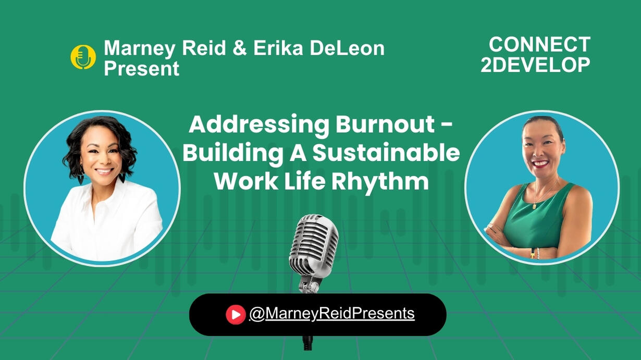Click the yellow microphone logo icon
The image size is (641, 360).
point(83,57)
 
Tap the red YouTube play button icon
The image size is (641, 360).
point(236,315)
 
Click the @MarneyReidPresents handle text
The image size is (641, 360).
point(332,314)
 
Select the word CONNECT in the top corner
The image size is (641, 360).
point(539,45)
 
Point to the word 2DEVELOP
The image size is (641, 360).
point(535,65)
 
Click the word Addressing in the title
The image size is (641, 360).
point(258,126)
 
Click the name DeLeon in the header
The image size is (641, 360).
point(348,48)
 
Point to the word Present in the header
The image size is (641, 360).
point(141,69)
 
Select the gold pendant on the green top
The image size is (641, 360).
point(535,206)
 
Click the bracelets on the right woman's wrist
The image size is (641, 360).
point(535,253)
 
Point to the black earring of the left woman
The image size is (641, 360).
point(122,178)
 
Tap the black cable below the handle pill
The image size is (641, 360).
point(308,343)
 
